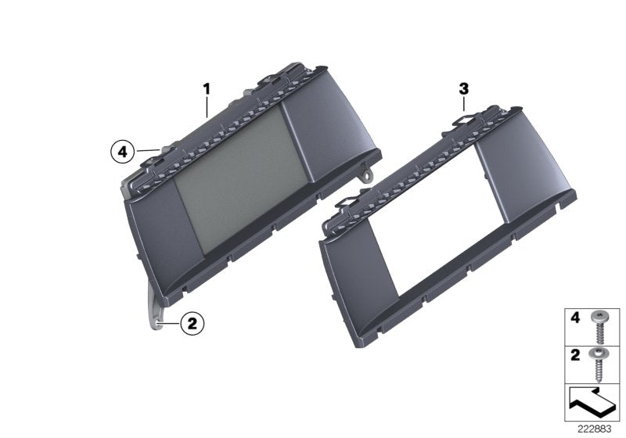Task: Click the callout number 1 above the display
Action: pos(207,90)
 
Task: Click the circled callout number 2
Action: pos(193,321)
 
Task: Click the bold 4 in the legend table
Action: pos(574,318)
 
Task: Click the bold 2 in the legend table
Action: pos(574,354)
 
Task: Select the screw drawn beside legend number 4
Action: pos(601,327)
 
